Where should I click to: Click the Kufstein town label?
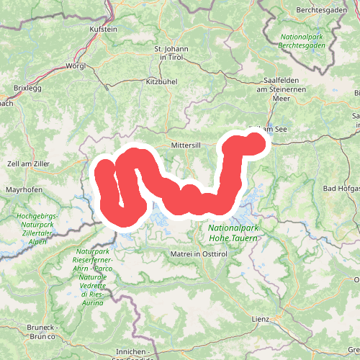[102, 30]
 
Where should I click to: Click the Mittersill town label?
[185, 145]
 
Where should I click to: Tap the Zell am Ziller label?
[27, 164]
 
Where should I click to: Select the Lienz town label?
[260, 318]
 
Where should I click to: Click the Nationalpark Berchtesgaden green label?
[303, 40]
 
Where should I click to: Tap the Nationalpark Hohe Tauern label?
[233, 232]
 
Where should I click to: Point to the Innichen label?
[130, 351]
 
